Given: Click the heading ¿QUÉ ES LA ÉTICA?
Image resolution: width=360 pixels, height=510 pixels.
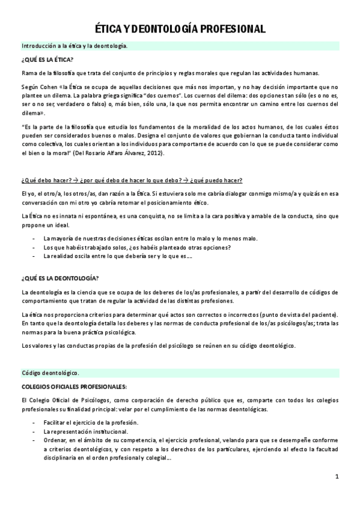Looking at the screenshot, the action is point(47,59).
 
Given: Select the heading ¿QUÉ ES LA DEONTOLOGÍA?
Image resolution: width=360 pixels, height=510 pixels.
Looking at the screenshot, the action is point(60,278).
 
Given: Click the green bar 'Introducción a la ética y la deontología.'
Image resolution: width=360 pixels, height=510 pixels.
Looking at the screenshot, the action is point(74,46).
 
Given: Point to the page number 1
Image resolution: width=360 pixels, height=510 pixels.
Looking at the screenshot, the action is point(337,477).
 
